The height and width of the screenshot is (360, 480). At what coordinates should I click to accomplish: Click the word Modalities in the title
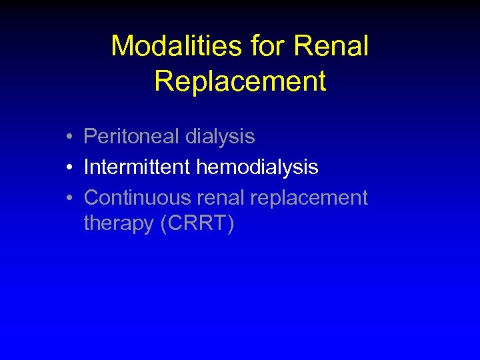point(177,47)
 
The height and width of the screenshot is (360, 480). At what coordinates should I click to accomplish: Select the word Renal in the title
point(331,47)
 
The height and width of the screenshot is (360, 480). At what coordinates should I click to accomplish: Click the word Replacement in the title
point(240,81)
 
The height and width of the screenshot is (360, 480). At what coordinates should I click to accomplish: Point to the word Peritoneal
point(131,137)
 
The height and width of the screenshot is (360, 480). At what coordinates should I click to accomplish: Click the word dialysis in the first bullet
point(220,137)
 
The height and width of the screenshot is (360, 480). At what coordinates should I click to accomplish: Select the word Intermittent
point(137,167)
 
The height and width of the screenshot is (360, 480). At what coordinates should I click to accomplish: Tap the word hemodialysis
point(257,167)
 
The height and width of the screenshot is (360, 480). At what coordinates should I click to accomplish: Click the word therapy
point(119,225)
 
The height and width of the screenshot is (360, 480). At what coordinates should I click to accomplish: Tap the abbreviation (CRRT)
point(197,224)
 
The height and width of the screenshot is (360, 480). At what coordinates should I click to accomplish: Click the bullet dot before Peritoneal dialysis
point(69,137)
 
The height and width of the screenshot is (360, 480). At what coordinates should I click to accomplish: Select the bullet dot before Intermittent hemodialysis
point(69,168)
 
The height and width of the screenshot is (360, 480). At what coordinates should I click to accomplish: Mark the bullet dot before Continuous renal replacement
point(69,199)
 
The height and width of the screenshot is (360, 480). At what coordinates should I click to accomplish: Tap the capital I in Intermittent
point(87,167)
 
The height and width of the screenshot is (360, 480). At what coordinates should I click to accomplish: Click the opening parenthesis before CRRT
point(164,225)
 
